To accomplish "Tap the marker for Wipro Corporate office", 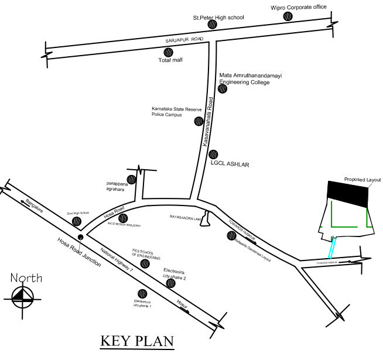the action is click(x=288, y=16).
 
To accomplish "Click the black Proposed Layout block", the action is click(x=347, y=193).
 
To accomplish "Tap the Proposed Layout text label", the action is click(x=363, y=179).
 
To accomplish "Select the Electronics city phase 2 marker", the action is click(x=170, y=283).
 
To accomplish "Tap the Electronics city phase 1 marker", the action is click(x=142, y=294).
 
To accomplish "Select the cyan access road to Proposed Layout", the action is click(x=332, y=246).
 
